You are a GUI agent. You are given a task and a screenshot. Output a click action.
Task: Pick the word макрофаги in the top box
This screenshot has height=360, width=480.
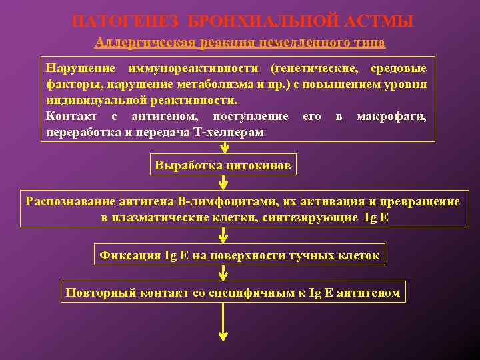click(x=391, y=117)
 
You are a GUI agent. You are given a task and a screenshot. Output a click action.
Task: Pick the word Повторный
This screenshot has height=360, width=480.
click(x=95, y=293)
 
